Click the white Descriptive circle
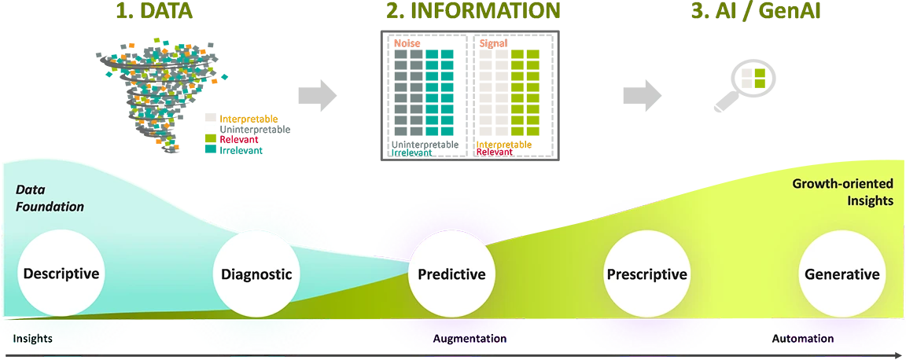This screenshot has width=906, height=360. [x=61, y=274]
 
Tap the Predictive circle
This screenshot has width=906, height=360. [x=451, y=274]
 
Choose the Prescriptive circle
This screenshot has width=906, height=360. [x=646, y=274]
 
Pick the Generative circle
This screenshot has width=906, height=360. [x=842, y=274]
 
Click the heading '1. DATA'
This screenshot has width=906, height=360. [x=155, y=10]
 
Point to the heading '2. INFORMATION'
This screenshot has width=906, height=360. [x=473, y=10]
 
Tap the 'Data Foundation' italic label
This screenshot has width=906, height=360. [x=50, y=198]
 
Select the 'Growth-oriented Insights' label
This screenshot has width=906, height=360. [x=842, y=192]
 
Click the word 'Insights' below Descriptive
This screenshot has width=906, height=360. [x=32, y=339]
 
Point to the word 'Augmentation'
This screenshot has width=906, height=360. [x=470, y=339]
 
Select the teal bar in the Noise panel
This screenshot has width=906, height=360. [x=442, y=90]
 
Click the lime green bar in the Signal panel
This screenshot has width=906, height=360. [x=528, y=90]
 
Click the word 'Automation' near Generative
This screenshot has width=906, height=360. [x=801, y=339]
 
